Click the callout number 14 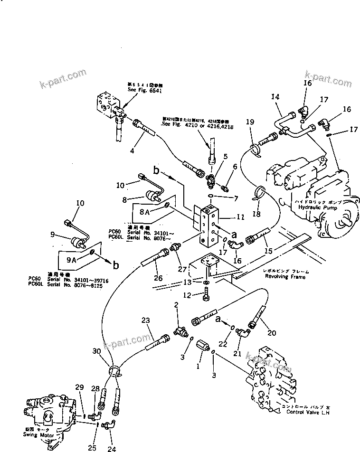click(275, 96)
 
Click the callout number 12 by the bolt click(188, 295)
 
